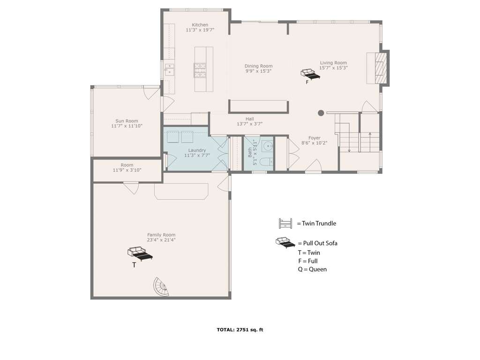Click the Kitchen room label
coord(200,25)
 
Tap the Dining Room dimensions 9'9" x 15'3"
coord(258,71)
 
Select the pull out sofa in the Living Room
coord(310,74)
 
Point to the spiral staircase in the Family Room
coord(161,287)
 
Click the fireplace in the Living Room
coord(378,68)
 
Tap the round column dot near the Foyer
coord(321,113)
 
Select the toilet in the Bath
coord(266,162)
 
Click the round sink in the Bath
coord(268,146)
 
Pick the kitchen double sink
coord(169,69)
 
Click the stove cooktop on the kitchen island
coord(200,70)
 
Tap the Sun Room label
coord(127,121)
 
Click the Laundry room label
coord(197,150)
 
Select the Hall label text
coord(249,119)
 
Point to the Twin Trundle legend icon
coord(285,224)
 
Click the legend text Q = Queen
coord(312,270)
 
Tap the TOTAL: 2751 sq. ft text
coord(240,330)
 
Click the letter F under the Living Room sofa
coord(307,82)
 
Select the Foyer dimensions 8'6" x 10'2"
coord(315,142)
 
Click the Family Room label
coord(161,235)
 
